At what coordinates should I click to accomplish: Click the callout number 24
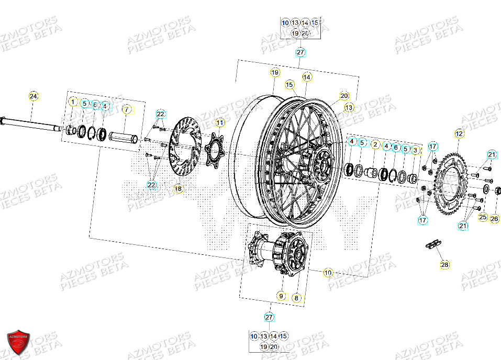coord(34,96)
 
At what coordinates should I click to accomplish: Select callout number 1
coord(73,102)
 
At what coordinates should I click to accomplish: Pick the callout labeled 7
coord(126,110)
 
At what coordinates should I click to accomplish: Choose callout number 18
coord(178,188)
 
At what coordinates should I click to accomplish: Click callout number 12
coord(459,133)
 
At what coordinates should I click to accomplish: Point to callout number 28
coord(444,265)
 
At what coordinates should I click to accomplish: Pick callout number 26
coord(494,219)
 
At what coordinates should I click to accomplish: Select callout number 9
coord(281,296)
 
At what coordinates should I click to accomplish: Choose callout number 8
coord(297,298)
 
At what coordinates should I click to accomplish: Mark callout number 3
coord(416,150)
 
